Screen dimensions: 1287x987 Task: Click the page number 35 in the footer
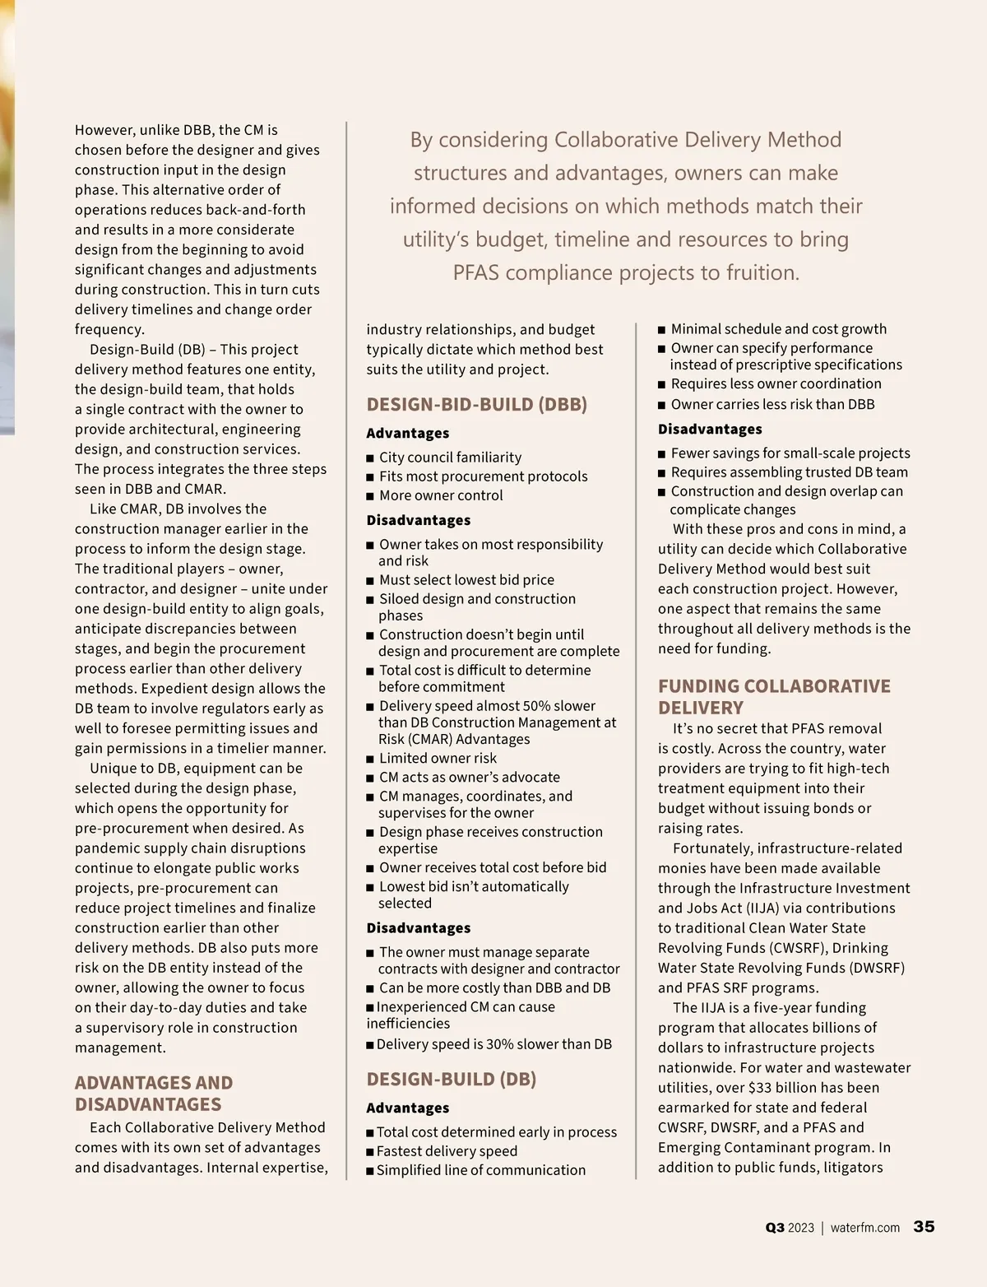[924, 1226]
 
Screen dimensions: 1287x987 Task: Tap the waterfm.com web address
[865, 1228]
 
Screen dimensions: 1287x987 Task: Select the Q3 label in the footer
[775, 1228]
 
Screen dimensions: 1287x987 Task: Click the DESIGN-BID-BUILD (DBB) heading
[477, 404]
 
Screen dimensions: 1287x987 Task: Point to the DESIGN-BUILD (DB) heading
[452, 1079]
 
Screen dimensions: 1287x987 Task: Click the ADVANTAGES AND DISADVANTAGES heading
[154, 1093]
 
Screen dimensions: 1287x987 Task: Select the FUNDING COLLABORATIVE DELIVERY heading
[774, 696]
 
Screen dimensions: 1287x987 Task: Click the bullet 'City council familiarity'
[450, 457]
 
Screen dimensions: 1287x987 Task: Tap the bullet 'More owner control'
[441, 495]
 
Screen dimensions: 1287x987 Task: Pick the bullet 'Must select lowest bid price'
[466, 579]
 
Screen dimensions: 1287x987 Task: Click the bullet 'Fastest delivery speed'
[447, 1150]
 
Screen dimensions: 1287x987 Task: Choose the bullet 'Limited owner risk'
[438, 758]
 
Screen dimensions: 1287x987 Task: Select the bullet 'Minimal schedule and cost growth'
[778, 328]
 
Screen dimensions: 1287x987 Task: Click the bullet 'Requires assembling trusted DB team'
[789, 472]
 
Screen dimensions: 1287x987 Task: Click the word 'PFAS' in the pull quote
[476, 272]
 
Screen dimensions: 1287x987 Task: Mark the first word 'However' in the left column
[104, 130]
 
